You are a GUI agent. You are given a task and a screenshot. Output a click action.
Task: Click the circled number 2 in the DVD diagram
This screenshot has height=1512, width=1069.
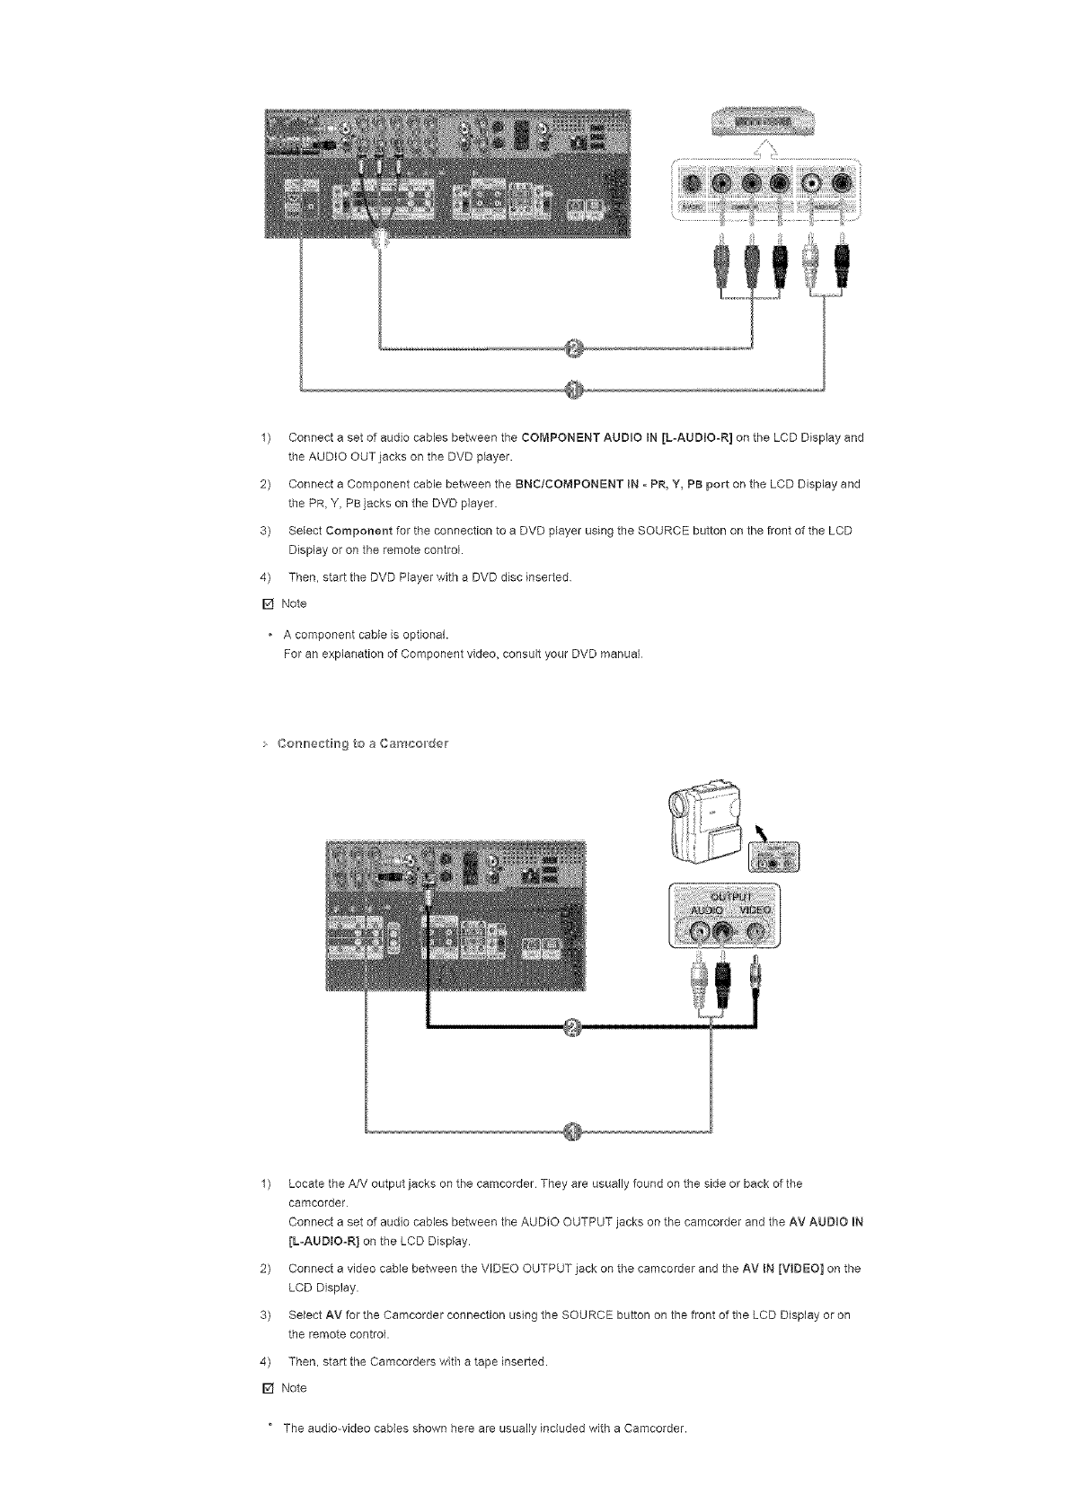(576, 348)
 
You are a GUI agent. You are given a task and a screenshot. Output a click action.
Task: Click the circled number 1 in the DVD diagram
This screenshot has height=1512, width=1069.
(576, 389)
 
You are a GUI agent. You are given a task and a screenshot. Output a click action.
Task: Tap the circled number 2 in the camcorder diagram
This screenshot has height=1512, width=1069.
(576, 1027)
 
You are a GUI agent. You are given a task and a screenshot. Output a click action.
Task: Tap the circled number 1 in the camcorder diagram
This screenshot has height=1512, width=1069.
(575, 1131)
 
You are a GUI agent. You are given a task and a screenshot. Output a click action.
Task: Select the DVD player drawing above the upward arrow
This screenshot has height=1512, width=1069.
(762, 119)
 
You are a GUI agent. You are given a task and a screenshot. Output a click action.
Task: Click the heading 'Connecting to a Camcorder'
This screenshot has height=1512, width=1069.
(363, 743)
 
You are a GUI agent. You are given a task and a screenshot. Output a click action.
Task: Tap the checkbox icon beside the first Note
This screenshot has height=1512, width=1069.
(266, 603)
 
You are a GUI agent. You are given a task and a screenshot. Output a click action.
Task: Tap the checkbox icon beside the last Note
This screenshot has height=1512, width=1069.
(266, 1388)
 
